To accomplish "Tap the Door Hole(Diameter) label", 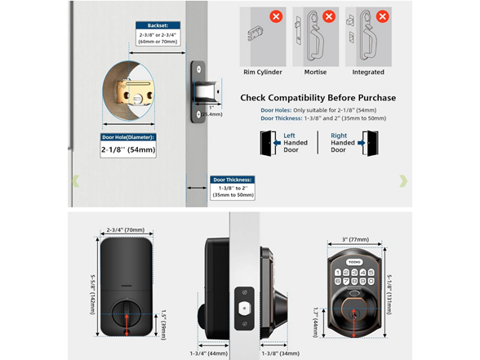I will pos(128,136).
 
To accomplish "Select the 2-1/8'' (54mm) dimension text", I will pos(128,150).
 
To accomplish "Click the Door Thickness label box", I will pos(233,180).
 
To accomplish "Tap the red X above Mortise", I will pos(329,16).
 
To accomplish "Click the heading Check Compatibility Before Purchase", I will pos(318,98).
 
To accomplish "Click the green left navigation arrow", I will pos(76,180).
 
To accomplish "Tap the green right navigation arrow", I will pos(402,180).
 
